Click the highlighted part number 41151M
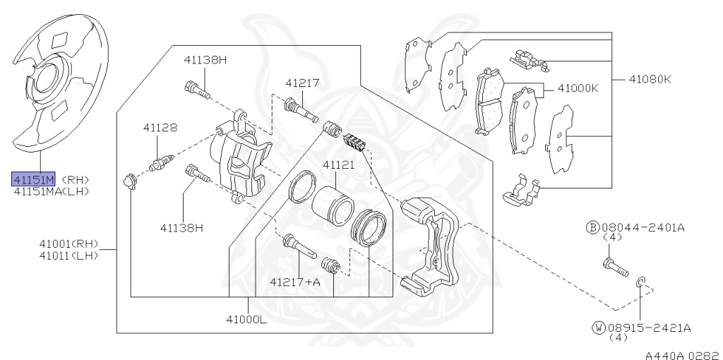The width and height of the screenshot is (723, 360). coord(34,179)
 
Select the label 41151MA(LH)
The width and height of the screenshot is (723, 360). coord(51,191)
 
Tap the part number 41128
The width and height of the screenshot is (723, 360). coord(160,128)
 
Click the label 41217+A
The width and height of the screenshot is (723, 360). coord(294,281)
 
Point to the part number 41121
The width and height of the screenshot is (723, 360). coord(338,164)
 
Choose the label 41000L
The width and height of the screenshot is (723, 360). coord(246,318)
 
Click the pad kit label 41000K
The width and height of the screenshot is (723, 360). coord(578,88)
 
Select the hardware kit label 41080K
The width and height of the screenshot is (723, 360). coord(650,79)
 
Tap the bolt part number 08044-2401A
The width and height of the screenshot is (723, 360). coord(643,227)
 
